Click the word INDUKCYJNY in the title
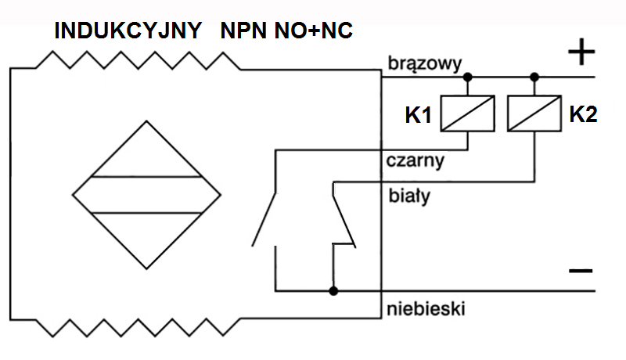[127, 31]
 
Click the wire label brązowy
[426, 63]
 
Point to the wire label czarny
[416, 162]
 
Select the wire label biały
[409, 196]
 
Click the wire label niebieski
[426, 308]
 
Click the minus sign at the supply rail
[580, 271]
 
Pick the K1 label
[419, 116]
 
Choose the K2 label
[583, 114]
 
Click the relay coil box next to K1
[468, 113]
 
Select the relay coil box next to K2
[534, 113]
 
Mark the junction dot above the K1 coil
[468, 77]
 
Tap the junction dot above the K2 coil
[534, 77]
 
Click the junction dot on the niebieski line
[334, 292]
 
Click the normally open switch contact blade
[264, 215]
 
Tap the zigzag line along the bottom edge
[141, 325]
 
